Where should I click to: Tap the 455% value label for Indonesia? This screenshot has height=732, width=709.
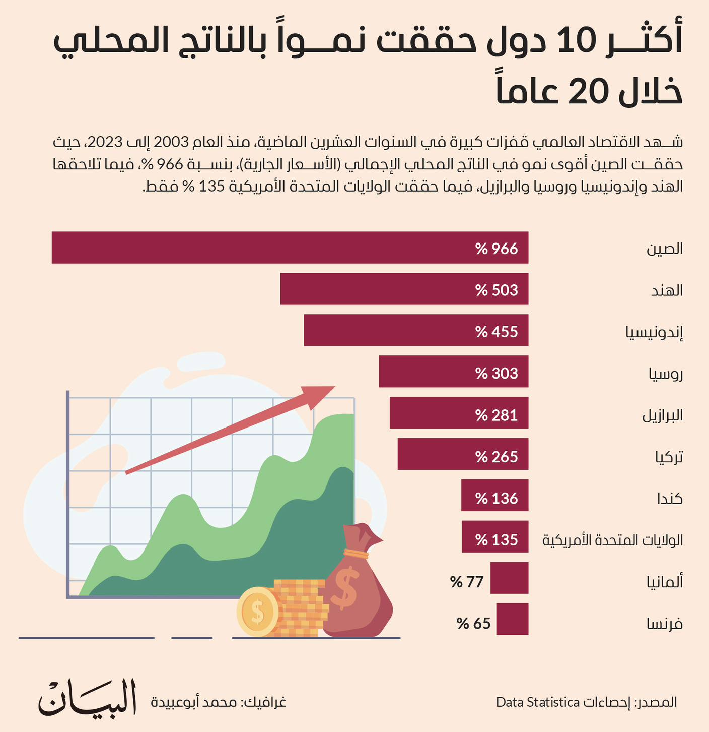[x=497, y=332]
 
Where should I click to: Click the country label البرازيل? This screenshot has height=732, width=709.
[x=662, y=415]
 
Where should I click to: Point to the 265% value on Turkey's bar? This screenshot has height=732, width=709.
[x=497, y=457]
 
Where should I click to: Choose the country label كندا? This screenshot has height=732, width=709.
[x=669, y=499]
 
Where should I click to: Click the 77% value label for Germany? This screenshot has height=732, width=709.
[x=467, y=582]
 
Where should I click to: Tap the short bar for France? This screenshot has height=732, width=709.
[x=512, y=619]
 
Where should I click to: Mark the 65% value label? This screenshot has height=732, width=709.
[x=473, y=624]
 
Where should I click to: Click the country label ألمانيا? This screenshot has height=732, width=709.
[x=665, y=582]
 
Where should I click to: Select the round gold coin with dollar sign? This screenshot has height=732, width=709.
[x=257, y=612]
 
